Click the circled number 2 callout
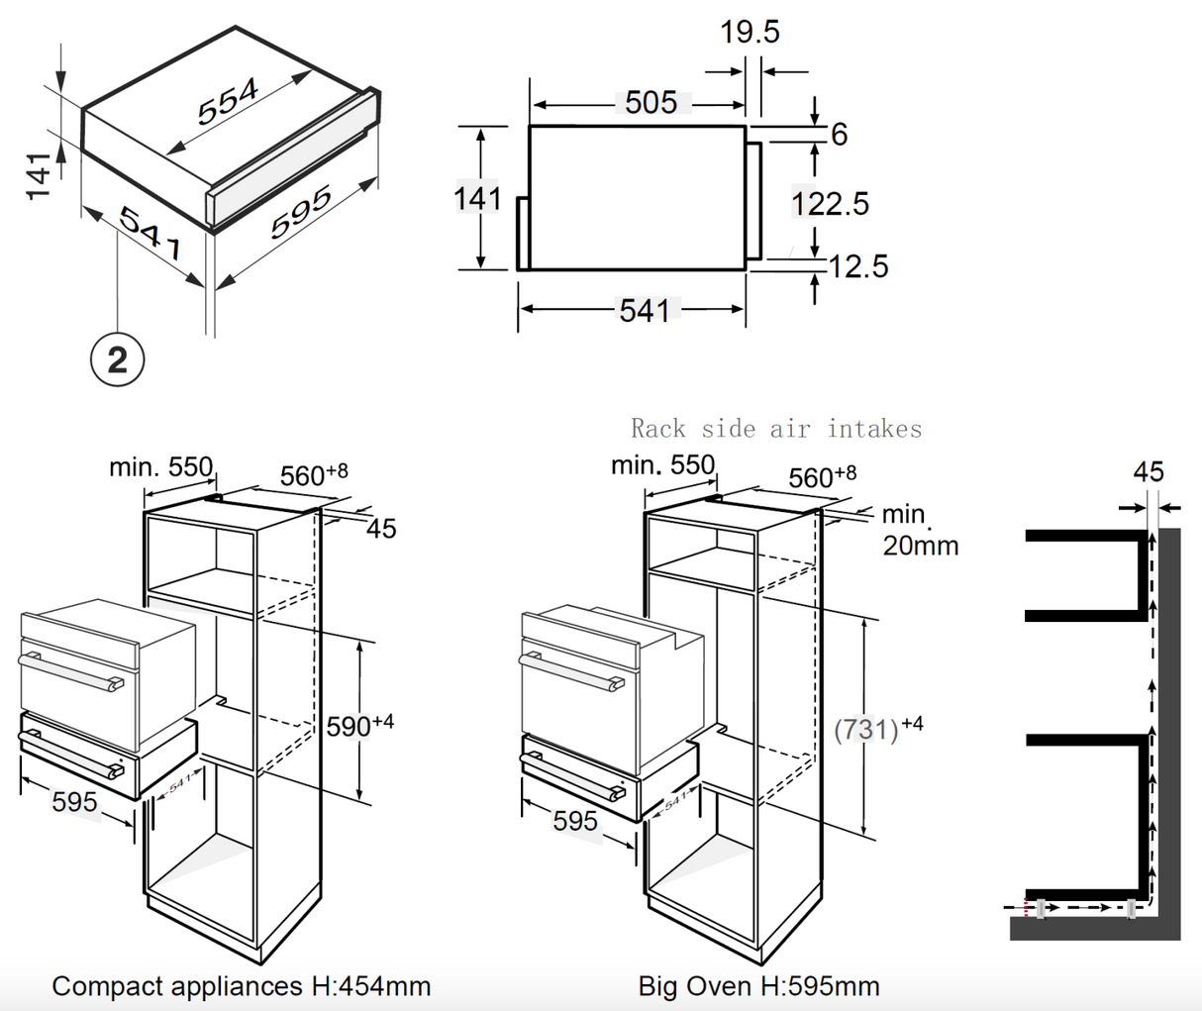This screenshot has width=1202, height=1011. (117, 358)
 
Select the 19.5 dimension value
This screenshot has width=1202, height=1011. (750, 33)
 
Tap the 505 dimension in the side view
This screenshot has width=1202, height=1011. (651, 103)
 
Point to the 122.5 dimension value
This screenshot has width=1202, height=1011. (830, 204)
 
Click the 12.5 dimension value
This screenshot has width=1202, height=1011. (857, 266)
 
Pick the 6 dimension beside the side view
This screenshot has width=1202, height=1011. (839, 134)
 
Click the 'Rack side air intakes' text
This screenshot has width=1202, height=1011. (776, 429)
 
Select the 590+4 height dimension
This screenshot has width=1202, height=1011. (359, 725)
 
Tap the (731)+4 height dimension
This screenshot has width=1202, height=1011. (878, 729)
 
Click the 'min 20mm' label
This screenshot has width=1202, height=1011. (919, 530)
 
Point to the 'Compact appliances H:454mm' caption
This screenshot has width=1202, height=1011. (241, 986)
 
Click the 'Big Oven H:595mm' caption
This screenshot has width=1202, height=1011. (758, 986)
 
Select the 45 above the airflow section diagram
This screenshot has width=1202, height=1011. (1149, 471)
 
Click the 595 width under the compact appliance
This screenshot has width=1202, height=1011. (74, 802)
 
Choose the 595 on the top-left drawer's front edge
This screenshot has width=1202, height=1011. (301, 213)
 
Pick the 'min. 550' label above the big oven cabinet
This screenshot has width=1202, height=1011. (662, 464)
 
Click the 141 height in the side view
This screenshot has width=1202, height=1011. (477, 198)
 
